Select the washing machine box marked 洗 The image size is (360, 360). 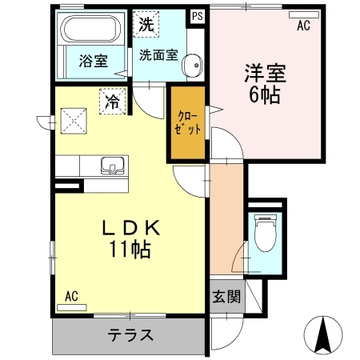pyautogui.click(x=145, y=25)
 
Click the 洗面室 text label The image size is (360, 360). pyautogui.click(x=158, y=56)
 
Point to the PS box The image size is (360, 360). pyautogui.click(x=196, y=15)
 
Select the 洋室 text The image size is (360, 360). pyautogui.click(x=265, y=75)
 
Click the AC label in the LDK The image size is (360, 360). pyautogui.click(x=71, y=295)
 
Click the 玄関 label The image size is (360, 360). pyautogui.click(x=226, y=297)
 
